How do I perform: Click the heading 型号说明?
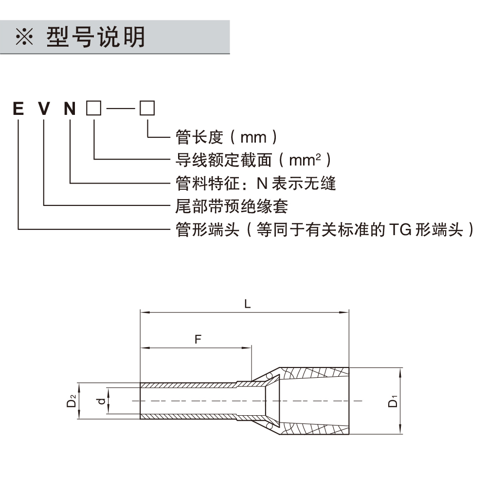point(96,37)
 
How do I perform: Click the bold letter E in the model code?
point(18,108)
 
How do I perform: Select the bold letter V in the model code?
point(44,108)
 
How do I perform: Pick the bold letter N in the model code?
point(71,108)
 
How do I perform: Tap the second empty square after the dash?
point(147,108)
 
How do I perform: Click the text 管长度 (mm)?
point(227,137)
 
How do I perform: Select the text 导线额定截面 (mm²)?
point(253,160)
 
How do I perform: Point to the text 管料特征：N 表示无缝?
point(255,183)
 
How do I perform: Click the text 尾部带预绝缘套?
point(232,206)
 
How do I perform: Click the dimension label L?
point(248,304)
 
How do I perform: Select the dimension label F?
point(198,339)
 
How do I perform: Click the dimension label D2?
point(72,402)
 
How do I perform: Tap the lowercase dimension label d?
point(101,402)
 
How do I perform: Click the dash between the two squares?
point(120,109)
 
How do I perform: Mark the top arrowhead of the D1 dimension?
point(400,371)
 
